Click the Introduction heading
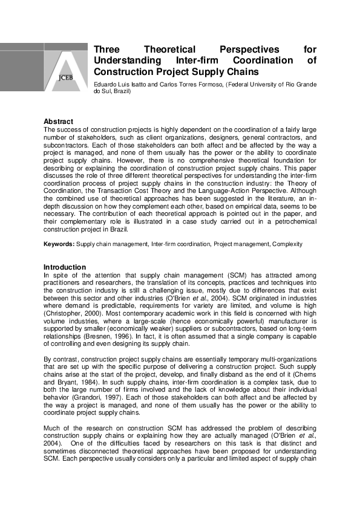pos(65,267)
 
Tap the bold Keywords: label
pos(59,244)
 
